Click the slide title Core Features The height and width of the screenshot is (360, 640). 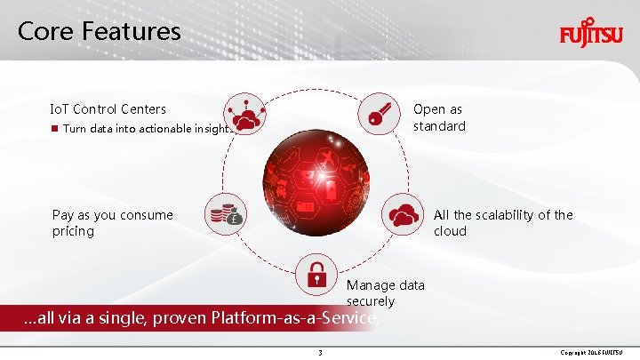pyautogui.click(x=99, y=32)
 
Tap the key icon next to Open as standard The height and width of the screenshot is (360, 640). pyautogui.click(x=378, y=113)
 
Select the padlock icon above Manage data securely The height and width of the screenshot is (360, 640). pyautogui.click(x=316, y=273)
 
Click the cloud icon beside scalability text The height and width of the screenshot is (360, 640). pyautogui.click(x=404, y=214)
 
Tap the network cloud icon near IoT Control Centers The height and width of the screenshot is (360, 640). pyautogui.click(x=244, y=113)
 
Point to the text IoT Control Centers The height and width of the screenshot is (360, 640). pyautogui.click(x=108, y=109)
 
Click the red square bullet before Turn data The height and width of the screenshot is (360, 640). pyautogui.click(x=55, y=130)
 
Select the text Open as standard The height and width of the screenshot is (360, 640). pyautogui.click(x=439, y=117)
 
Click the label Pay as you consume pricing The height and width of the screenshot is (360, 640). pyautogui.click(x=113, y=223)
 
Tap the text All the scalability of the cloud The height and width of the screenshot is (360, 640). pyautogui.click(x=502, y=223)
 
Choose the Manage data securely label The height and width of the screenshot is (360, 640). pyautogui.click(x=386, y=293)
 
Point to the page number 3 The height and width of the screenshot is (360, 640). pyautogui.click(x=320, y=353)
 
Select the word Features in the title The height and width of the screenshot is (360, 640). pyautogui.click(x=133, y=32)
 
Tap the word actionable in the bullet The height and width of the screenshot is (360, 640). pyautogui.click(x=162, y=130)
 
